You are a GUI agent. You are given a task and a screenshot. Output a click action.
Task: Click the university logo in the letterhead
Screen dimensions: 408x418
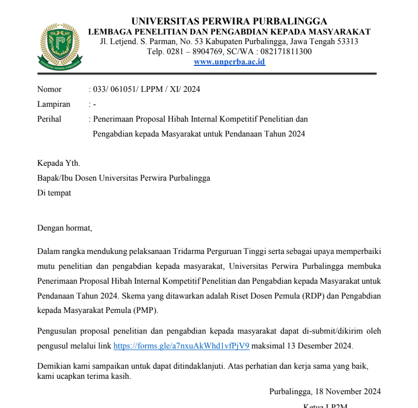coord(60,47)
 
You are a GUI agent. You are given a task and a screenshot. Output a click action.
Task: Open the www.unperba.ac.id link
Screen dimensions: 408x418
coord(229,62)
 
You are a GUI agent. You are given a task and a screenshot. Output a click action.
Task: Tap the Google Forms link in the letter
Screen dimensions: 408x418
coord(181,346)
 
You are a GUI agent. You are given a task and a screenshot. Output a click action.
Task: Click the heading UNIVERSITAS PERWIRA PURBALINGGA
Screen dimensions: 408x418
coord(229,21)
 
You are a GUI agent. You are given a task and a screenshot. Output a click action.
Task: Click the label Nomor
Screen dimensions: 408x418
coord(49,89)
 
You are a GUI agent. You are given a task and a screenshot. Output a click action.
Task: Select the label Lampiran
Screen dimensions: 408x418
coord(54,104)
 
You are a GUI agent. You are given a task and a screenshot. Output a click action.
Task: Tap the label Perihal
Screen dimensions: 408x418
coord(49,119)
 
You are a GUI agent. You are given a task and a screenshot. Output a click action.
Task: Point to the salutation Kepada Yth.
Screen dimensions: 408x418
coord(58,163)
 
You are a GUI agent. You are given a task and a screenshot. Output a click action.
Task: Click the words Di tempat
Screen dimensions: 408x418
coord(54,193)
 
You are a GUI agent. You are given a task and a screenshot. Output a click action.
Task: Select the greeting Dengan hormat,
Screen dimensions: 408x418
coord(65,228)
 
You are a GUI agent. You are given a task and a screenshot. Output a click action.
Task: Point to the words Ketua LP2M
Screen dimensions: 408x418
coord(325,406)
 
